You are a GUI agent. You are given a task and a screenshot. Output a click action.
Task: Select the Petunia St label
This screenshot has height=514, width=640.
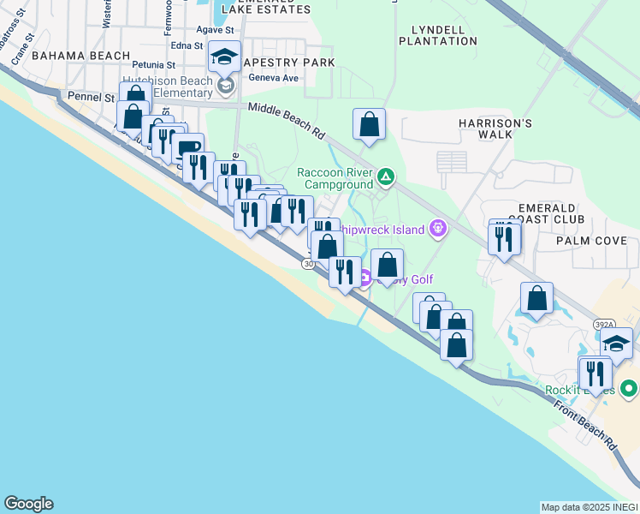pyautogui.click(x=153, y=64)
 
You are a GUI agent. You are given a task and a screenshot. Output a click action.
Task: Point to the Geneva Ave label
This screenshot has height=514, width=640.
pyautogui.click(x=273, y=78)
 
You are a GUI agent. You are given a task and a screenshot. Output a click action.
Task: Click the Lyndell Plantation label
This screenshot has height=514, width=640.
pyautogui.click(x=438, y=35)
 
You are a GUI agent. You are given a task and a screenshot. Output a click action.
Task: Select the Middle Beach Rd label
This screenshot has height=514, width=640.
pyautogui.click(x=287, y=120)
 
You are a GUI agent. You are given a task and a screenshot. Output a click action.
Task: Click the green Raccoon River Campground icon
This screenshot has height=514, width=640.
pyautogui.click(x=386, y=177)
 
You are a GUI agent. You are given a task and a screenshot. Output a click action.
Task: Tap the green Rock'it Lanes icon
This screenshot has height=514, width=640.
pyautogui.click(x=629, y=390)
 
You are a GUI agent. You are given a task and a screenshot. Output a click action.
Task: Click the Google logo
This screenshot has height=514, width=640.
pyautogui.click(x=28, y=504)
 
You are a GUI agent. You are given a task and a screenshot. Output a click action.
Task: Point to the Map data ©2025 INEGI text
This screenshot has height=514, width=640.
pyautogui.click(x=590, y=507)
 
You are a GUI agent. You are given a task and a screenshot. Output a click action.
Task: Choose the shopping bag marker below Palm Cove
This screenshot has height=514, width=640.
pyautogui.click(x=536, y=299)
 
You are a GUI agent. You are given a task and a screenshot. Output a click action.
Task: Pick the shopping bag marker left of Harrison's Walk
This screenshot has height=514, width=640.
pyautogui.click(x=369, y=124)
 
